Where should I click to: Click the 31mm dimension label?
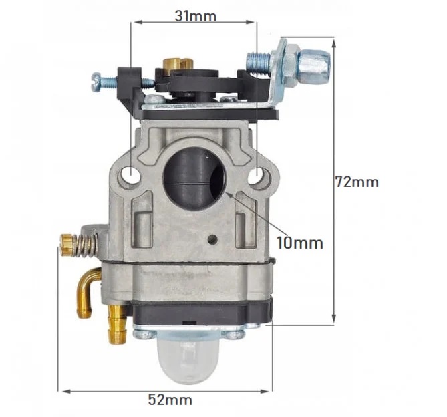[195, 15]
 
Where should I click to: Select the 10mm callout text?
[299, 243]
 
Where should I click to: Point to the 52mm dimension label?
[169, 400]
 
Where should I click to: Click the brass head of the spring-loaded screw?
[65, 245]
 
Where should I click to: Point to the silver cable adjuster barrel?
[313, 62]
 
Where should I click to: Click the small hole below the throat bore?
[212, 238]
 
